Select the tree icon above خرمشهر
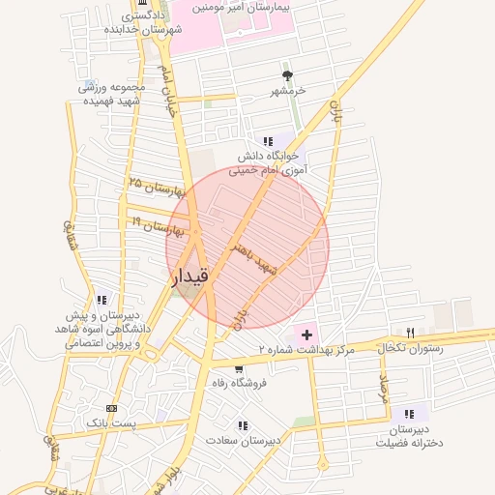[286, 74]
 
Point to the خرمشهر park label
[287, 90]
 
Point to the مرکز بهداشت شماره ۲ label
[306, 348]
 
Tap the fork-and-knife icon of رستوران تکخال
[410, 333]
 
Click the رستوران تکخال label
[412, 348]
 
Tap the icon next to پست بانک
[111, 408]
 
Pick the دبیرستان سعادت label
[243, 440]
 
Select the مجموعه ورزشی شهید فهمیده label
[111, 94]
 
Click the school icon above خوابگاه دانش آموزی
[268, 141]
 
